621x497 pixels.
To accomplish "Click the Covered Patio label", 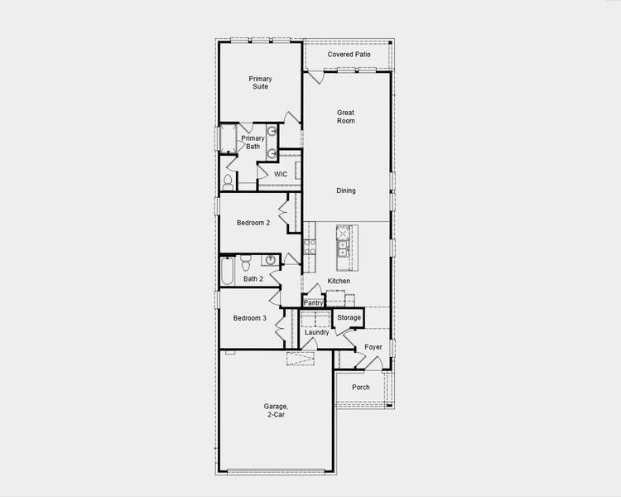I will [349, 55].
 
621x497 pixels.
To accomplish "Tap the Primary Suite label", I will [260, 83].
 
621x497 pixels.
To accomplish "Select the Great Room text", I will [346, 116].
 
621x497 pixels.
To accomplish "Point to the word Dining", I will [346, 191].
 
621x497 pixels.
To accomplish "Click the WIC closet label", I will [281, 175].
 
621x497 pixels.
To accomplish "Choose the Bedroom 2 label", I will [253, 223].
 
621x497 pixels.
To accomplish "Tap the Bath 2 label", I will [253, 279].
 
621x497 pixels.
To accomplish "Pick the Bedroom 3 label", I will [249, 318].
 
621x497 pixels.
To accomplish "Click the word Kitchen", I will [339, 282].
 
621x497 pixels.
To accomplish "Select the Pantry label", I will [313, 303].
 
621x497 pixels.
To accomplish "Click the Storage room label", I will [349, 317].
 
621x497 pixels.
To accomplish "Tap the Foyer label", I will [373, 347].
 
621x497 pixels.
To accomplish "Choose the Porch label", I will [361, 388].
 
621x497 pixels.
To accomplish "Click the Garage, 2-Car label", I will [276, 410].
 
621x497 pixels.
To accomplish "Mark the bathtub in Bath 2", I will [227, 272].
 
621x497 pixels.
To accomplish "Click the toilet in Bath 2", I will [245, 263].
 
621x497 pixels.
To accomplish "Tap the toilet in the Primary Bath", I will [228, 182].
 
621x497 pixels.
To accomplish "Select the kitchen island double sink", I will [341, 244].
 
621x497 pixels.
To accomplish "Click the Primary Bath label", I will [253, 142].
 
